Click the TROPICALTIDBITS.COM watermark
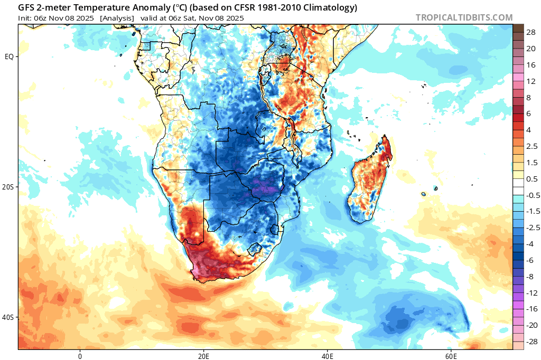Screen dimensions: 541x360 coord(464,17)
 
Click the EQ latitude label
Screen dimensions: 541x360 coord(9,56)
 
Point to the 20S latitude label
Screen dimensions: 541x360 coord(8,187)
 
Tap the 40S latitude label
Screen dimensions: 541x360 coord(8,317)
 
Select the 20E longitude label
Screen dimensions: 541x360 coord(203,356)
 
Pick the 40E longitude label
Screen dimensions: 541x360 coord(327,356)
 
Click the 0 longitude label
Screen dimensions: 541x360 coord(80,356)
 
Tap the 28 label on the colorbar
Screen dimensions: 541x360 coord(530,32)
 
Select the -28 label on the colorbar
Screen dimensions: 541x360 coord(531,342)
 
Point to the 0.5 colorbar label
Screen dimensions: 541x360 coord(531,179)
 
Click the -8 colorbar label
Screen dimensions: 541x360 coord(529,277)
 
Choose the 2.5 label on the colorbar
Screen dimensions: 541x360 coord(531,146)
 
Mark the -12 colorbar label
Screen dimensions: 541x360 coord(531,293)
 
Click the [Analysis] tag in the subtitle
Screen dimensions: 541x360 coord(117,18)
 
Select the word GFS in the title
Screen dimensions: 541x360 coord(26,7)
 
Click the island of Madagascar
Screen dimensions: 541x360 coord(369,179)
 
